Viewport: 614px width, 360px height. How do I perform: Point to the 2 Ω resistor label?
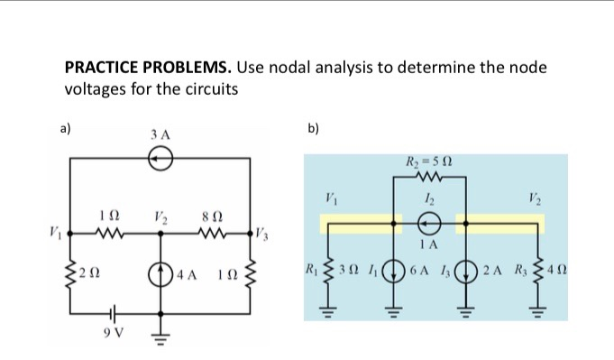[x=87, y=272]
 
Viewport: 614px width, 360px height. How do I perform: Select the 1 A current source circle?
[x=428, y=222]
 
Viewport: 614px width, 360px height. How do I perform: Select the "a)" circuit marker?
[x=66, y=128]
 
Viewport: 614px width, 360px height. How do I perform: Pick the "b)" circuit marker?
[x=313, y=128]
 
